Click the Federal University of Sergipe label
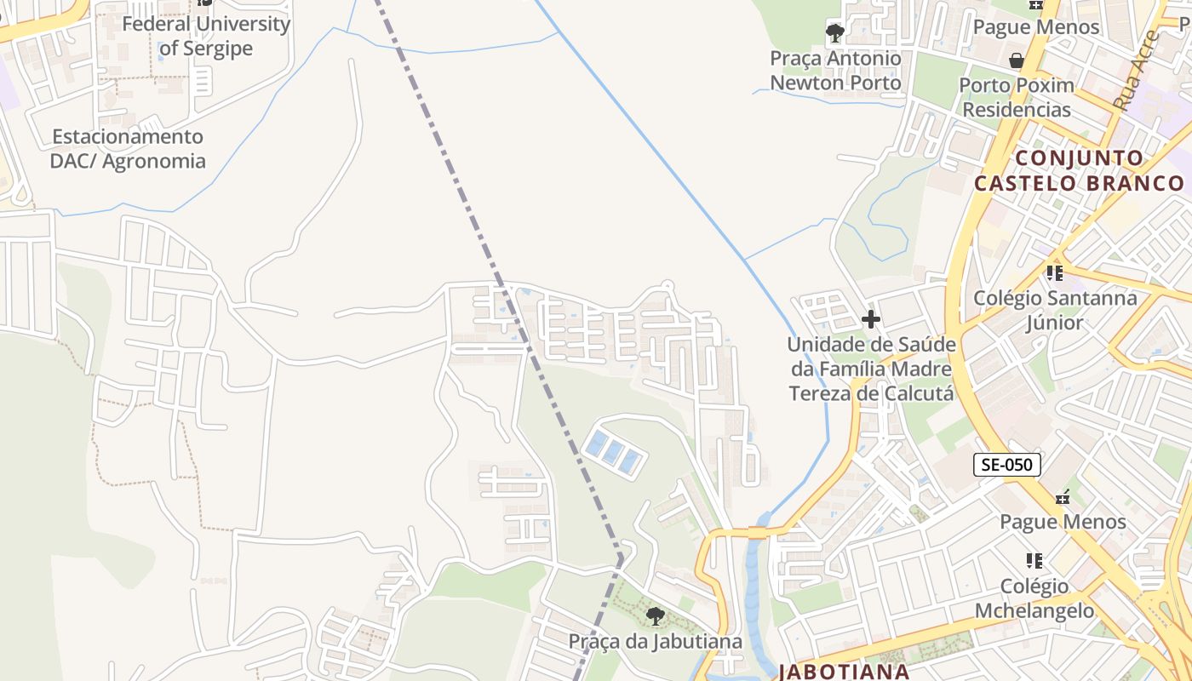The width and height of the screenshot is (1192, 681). (x=206, y=36)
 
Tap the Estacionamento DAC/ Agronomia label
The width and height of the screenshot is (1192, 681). (x=128, y=149)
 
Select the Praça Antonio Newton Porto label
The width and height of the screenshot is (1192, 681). (x=835, y=71)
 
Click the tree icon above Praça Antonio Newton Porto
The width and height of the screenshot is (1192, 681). (x=835, y=33)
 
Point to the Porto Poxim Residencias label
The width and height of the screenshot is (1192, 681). (x=1016, y=97)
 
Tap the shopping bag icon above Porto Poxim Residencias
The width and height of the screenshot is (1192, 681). (x=1016, y=60)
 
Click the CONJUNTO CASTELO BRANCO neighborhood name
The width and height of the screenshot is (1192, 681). (x=1079, y=170)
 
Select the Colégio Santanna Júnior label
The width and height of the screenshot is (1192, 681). (x=1055, y=310)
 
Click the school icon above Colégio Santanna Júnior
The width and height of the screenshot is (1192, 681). (x=1055, y=273)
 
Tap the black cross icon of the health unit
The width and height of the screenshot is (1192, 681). (x=870, y=320)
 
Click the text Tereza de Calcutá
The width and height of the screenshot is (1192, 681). (x=870, y=394)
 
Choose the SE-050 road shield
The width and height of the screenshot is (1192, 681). (x=1006, y=465)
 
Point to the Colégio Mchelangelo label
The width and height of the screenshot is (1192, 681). (x=1034, y=598)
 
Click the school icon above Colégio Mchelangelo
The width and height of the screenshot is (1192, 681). (x=1034, y=560)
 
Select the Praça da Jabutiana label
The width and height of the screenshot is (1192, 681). (x=655, y=641)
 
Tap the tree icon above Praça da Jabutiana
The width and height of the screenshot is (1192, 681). (x=655, y=615)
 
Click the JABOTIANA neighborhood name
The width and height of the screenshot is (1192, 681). (x=844, y=671)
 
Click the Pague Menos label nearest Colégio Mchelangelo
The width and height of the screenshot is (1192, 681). (x=1063, y=521)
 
